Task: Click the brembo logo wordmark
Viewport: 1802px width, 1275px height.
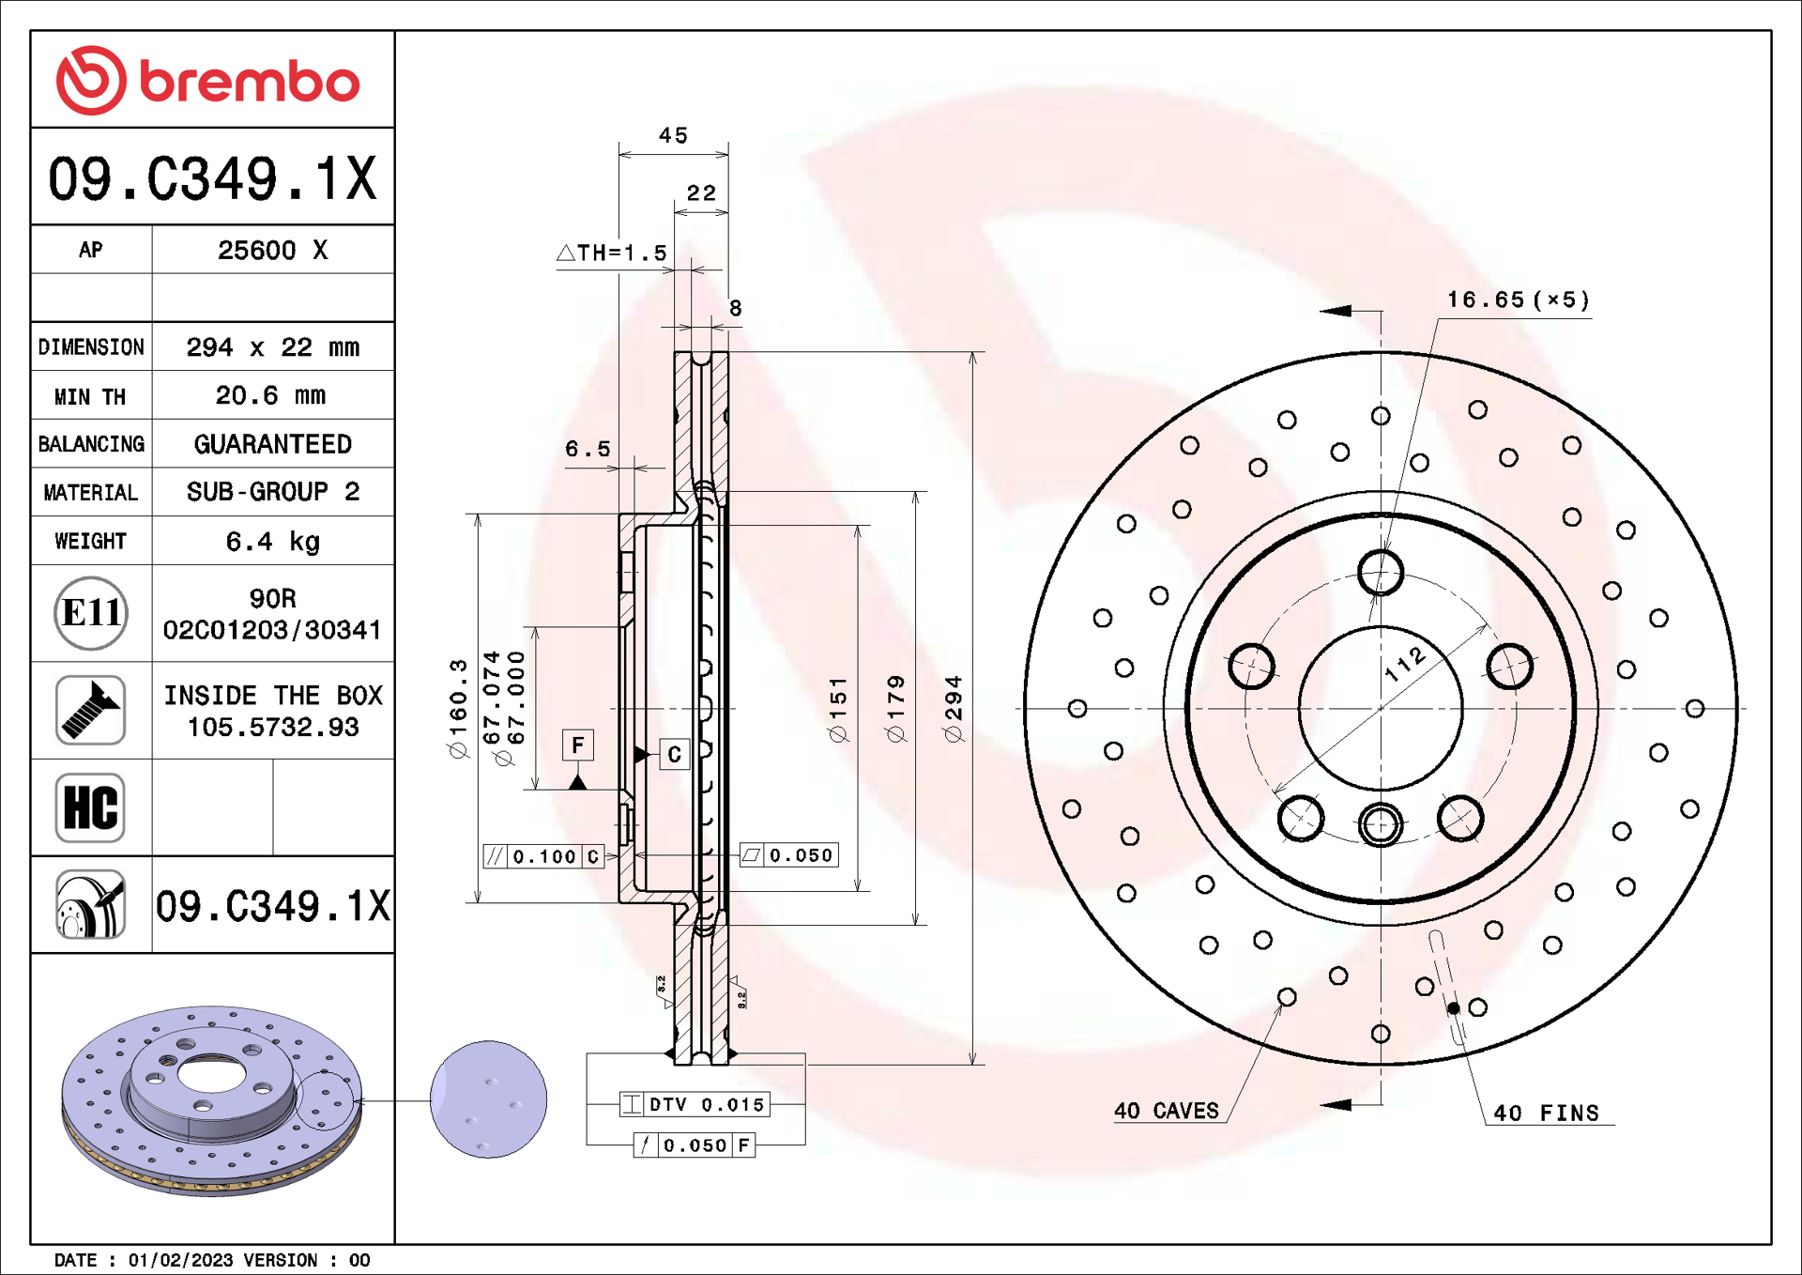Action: (x=250, y=81)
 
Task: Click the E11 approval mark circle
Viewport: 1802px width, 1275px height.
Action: (x=91, y=613)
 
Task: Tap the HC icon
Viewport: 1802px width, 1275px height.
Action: (x=90, y=807)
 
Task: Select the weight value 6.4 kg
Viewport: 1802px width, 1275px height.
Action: (x=272, y=542)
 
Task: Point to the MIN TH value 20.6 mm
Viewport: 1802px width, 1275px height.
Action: (x=270, y=395)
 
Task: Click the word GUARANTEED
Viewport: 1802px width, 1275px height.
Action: (x=272, y=444)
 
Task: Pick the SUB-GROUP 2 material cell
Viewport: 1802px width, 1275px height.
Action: (x=272, y=492)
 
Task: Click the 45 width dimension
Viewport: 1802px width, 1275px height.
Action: (x=673, y=135)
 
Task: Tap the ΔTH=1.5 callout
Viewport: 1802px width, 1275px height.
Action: (x=612, y=253)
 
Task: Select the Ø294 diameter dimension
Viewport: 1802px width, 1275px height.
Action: (x=954, y=709)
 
